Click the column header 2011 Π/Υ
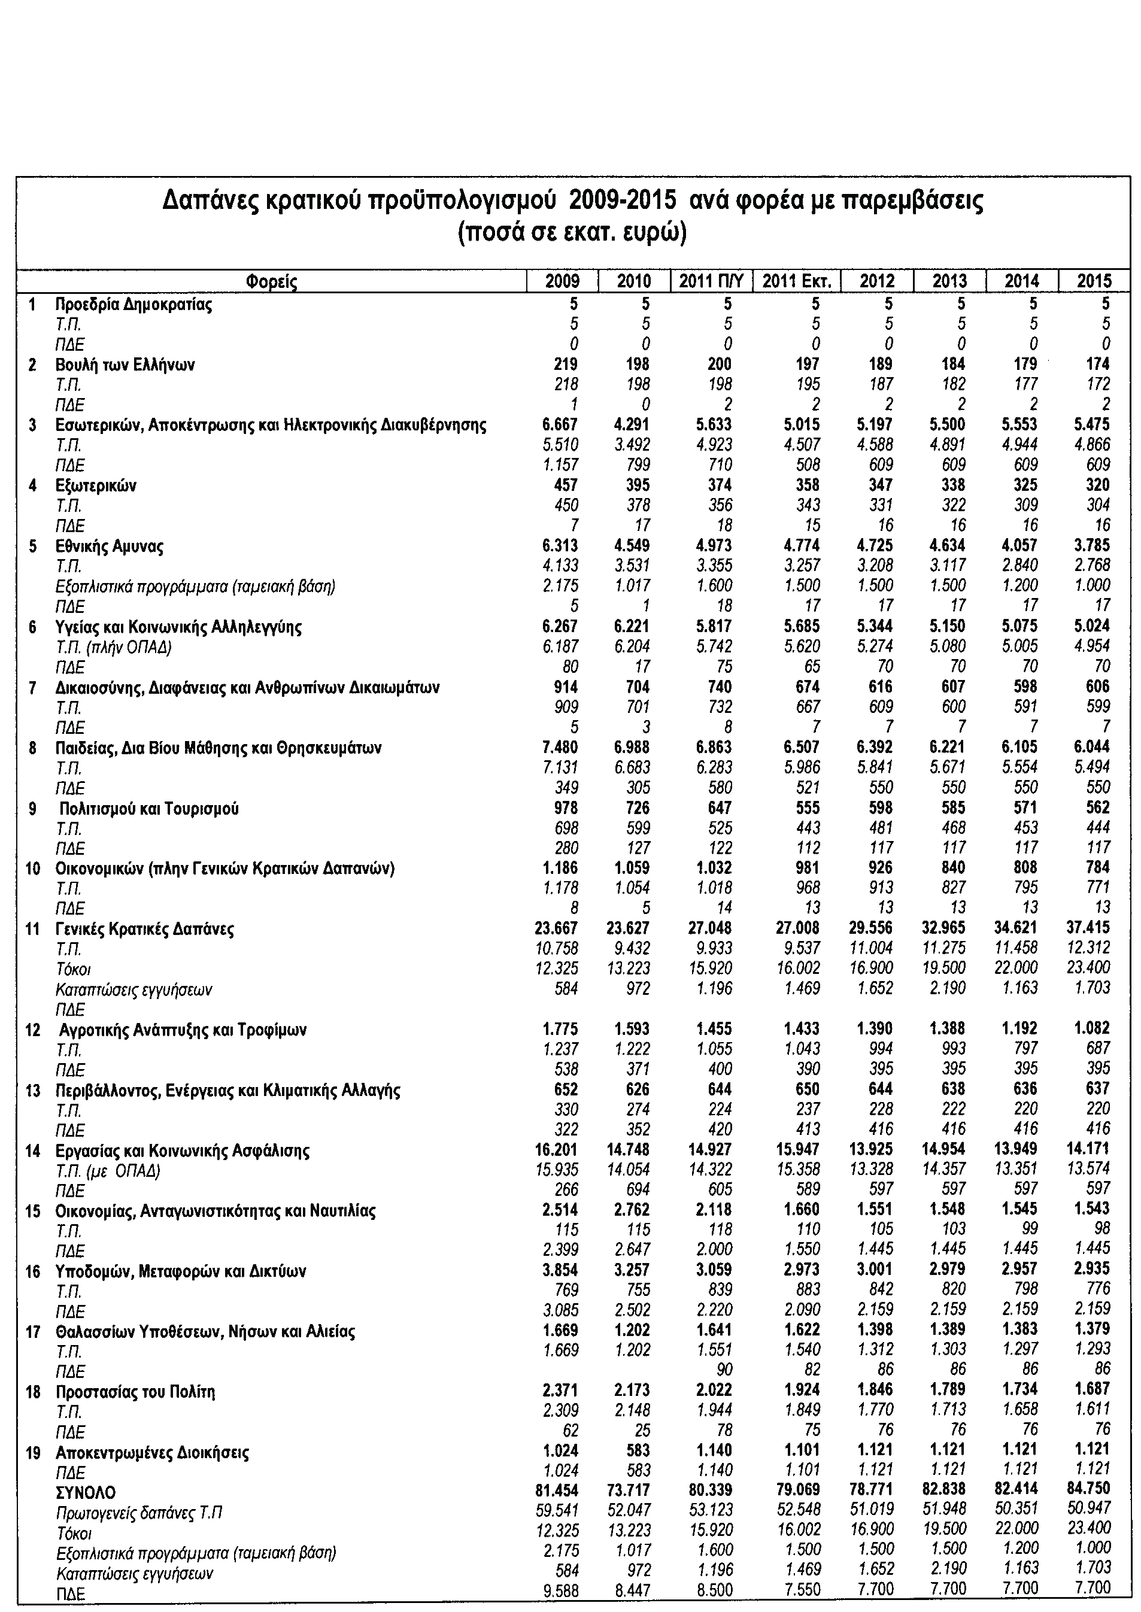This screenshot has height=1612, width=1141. coord(711,282)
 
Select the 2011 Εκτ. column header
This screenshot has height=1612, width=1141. coord(797,282)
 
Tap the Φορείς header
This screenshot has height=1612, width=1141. coord(272,283)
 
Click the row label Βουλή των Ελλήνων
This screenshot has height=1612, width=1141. coord(125,365)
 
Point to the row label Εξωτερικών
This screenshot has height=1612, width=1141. coord(96,485)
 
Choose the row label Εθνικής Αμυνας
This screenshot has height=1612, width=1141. coord(109,546)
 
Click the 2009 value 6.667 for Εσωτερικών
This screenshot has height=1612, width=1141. coord(559,425)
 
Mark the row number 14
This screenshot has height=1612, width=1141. coord(33,1150)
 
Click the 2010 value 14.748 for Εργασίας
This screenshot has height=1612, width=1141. coord(632,1150)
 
